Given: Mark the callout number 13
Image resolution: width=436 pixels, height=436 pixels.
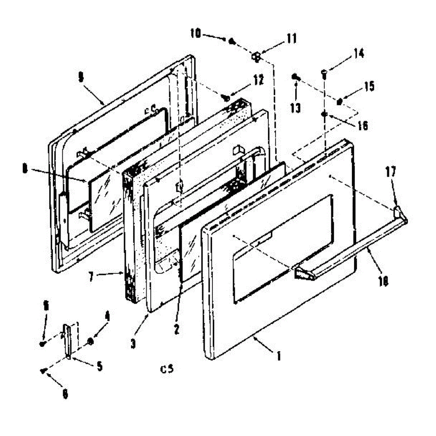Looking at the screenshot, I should point(296,108).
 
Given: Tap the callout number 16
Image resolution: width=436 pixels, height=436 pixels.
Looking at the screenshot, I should point(362,126).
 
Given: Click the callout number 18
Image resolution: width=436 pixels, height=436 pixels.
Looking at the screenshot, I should point(383,281).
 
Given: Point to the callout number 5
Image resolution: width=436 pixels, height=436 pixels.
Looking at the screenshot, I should point(99,366).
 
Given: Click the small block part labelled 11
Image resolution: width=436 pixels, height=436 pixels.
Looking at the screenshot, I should point(257,57).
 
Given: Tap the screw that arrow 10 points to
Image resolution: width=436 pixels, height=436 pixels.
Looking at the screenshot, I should point(231,41).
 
